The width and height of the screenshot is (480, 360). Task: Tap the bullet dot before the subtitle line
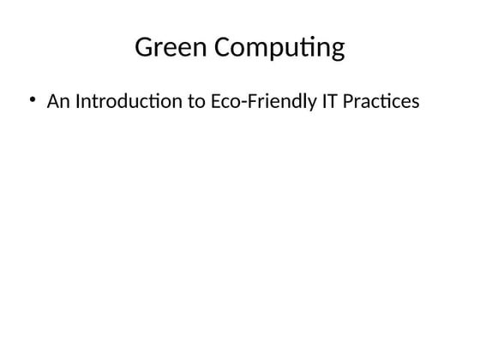pos(33,99)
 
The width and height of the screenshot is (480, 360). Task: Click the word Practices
pos(383,101)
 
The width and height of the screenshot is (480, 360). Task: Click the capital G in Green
pos(144,48)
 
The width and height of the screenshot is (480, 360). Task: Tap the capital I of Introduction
pos(78,101)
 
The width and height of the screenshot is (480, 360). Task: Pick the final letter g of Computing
pos(336,51)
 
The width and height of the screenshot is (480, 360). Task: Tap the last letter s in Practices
pos(416,103)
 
